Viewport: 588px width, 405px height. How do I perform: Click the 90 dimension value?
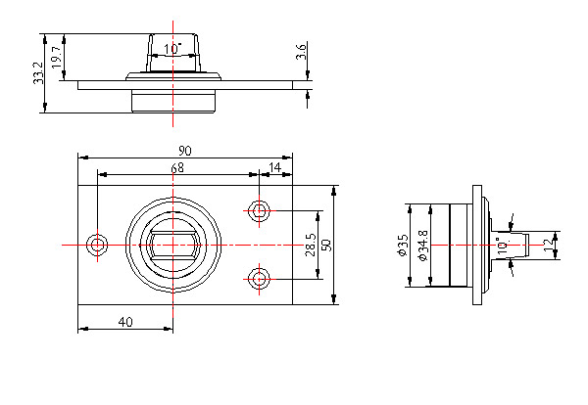[x=184, y=150]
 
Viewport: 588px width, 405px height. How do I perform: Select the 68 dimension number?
[x=177, y=168]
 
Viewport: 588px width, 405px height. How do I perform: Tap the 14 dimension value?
[x=274, y=168]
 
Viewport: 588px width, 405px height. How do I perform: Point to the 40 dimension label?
[x=125, y=322]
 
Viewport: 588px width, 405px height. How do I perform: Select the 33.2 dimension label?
[x=38, y=73]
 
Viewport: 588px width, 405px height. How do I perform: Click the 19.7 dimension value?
[x=56, y=58]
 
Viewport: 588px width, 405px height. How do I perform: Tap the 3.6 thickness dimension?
[x=302, y=51]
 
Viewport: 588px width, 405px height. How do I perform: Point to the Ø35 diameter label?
[x=403, y=245]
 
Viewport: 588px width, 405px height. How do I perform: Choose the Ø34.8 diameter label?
[x=422, y=246]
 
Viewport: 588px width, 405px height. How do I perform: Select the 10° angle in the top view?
[x=172, y=48]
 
